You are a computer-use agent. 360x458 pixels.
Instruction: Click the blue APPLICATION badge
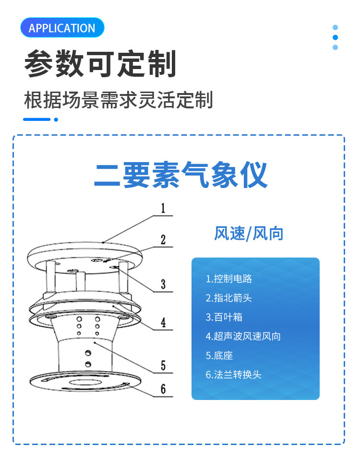click(62, 28)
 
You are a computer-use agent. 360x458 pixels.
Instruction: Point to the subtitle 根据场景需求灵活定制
click(118, 101)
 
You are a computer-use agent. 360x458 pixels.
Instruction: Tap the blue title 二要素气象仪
click(180, 176)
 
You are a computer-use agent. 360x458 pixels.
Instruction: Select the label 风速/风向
click(249, 234)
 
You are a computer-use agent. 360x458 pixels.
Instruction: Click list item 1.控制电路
click(229, 279)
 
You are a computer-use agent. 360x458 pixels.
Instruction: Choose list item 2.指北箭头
click(229, 298)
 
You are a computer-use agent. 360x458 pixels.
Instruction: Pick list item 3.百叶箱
click(224, 317)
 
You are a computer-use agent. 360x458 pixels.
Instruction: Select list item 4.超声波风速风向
click(243, 336)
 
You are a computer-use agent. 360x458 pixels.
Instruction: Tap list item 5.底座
click(219, 355)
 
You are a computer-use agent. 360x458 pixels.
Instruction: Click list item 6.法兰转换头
click(234, 375)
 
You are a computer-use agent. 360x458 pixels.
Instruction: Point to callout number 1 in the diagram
click(163, 208)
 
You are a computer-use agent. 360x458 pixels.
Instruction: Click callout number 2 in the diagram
click(163, 239)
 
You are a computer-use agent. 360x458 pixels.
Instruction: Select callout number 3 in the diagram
click(163, 284)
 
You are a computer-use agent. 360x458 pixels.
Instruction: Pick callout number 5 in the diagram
click(163, 366)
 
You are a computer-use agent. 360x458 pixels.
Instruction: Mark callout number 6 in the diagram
click(163, 389)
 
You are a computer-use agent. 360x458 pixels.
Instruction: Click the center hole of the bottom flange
click(85, 382)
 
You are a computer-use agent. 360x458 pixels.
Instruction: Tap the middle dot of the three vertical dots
click(335, 37)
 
